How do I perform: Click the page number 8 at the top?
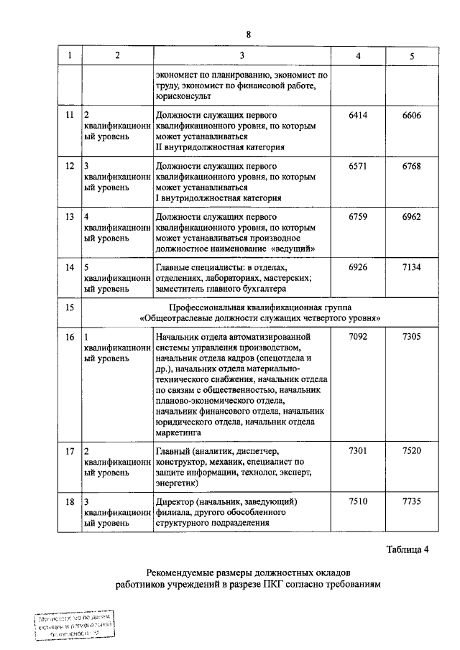pos(249,35)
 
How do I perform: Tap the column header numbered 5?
pos(412,56)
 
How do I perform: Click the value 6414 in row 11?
pos(358,115)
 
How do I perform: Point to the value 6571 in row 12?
pos(358,166)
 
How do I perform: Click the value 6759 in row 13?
pos(358,216)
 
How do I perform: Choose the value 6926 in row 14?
pos(358,267)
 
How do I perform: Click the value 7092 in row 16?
pos(358,335)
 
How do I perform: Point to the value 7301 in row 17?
pos(358,450)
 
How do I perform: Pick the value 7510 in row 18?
pos(358,501)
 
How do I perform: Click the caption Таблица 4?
pos(407,551)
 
